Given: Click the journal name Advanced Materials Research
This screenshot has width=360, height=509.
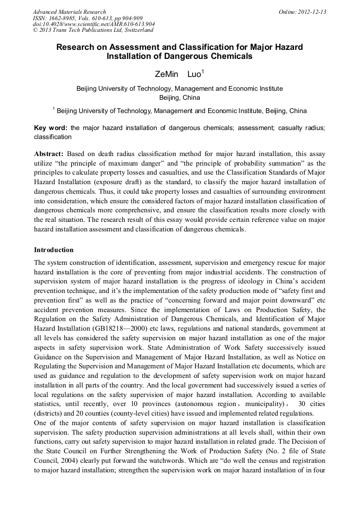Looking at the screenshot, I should (69, 12).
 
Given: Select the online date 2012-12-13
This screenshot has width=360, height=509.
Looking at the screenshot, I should (312, 12).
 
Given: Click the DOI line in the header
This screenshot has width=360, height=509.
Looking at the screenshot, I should (94, 24).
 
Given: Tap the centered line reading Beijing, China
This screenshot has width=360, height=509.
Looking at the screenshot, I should (179, 98).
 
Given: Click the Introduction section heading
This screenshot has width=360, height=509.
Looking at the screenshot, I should (54, 249).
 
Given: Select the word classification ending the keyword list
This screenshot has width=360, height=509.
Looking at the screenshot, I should (53, 137).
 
